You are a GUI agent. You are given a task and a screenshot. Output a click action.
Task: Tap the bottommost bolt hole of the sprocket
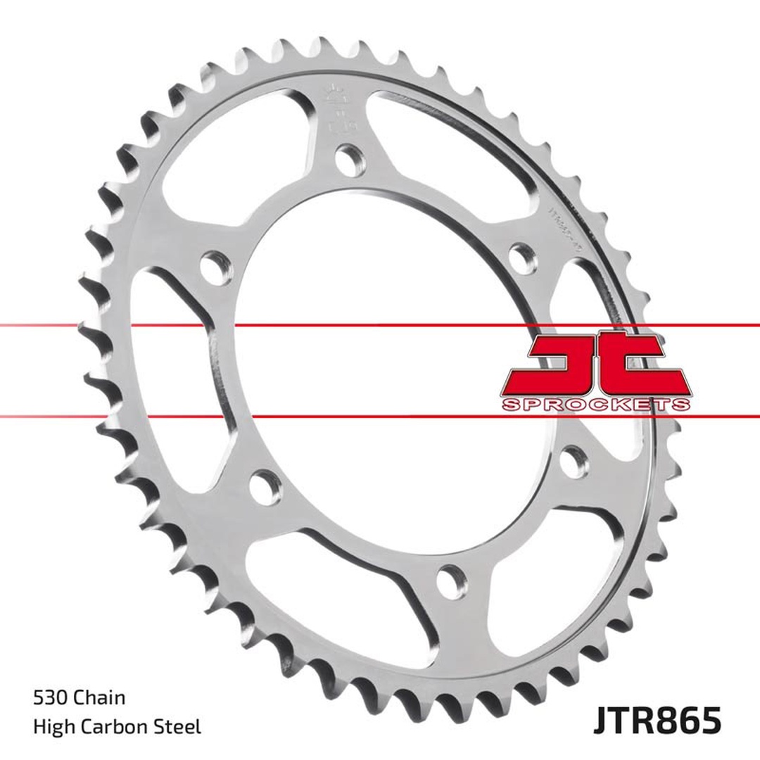click(x=449, y=581)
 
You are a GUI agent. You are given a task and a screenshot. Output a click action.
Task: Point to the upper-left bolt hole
click(x=215, y=267)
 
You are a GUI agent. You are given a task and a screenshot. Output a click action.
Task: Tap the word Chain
click(x=100, y=697)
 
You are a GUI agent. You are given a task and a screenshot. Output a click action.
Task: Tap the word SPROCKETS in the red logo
click(x=595, y=405)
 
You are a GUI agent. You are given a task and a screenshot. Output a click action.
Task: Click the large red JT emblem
click(x=595, y=366)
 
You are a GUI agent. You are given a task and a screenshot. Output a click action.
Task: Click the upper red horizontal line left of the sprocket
click(x=42, y=326)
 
